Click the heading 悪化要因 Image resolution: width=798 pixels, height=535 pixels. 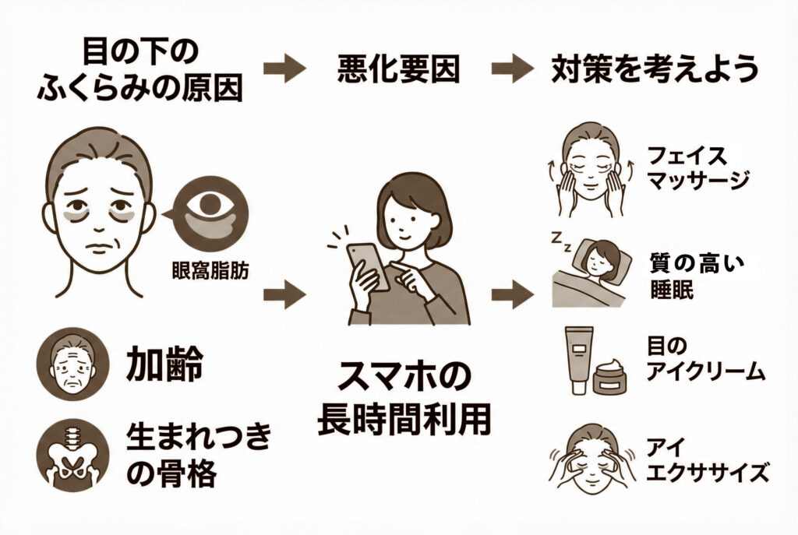pyautogui.click(x=398, y=71)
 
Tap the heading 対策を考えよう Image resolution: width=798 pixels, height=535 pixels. pyautogui.click(x=654, y=70)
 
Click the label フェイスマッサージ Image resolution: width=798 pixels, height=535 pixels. pyautogui.click(x=697, y=167)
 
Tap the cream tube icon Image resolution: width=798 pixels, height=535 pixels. pyautogui.click(x=577, y=358)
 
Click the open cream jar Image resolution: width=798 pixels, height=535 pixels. pyautogui.click(x=613, y=378)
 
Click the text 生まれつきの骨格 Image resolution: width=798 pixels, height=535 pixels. pyautogui.click(x=198, y=456)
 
